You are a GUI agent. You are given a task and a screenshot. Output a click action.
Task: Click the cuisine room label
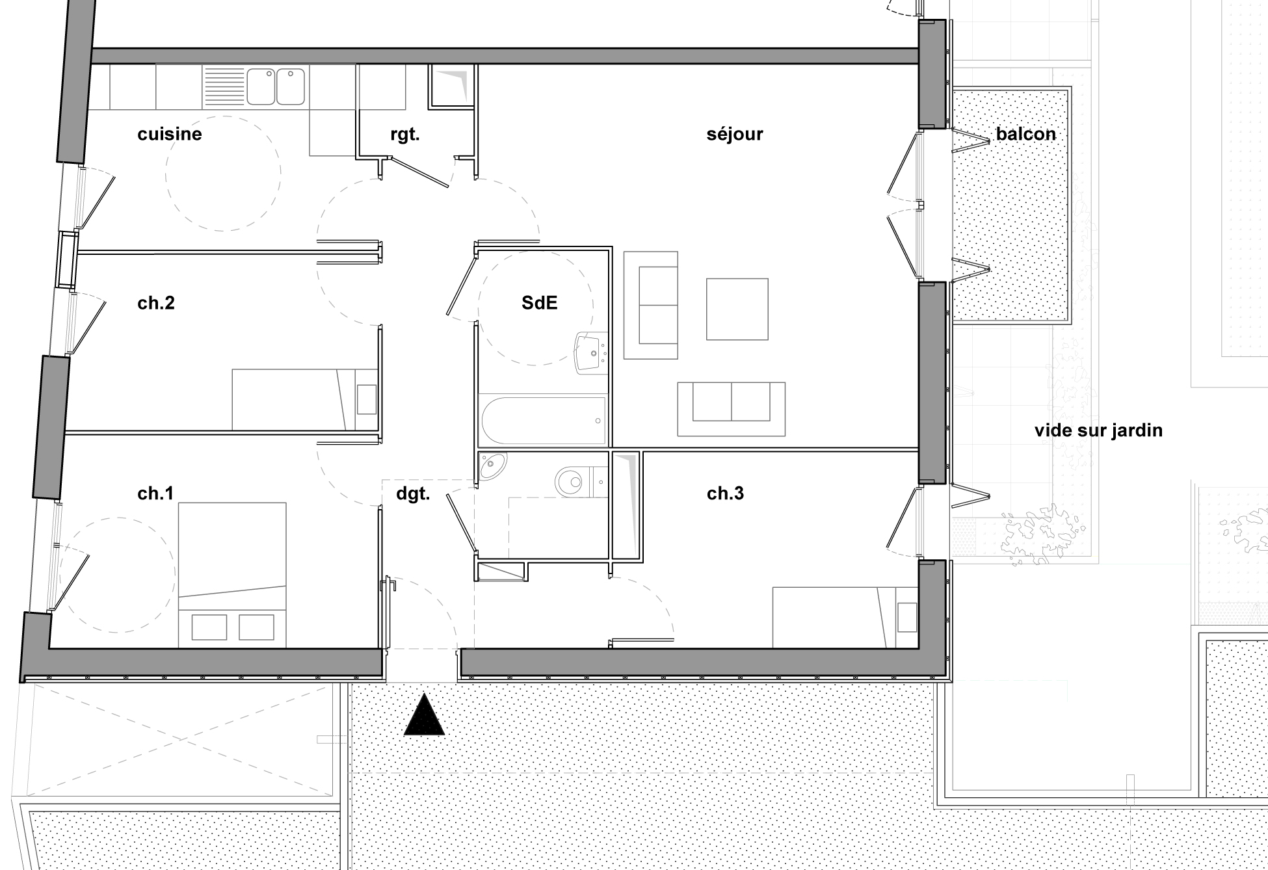tap(170, 134)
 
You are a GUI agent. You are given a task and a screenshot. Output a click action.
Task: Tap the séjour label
tap(734, 134)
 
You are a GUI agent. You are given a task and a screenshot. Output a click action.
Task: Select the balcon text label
tap(1025, 134)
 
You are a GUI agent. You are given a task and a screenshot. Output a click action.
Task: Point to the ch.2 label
tap(156, 303)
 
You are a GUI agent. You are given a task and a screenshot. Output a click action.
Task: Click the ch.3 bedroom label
tap(725, 494)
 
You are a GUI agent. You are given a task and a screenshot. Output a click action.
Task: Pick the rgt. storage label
tap(404, 135)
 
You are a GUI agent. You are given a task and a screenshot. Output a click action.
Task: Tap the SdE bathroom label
tap(539, 303)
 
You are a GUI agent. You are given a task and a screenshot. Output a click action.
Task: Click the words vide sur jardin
tap(1098, 430)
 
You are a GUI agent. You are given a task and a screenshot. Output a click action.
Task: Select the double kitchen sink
tap(276, 86)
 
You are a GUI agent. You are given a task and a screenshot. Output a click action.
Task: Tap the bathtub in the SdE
tap(543, 421)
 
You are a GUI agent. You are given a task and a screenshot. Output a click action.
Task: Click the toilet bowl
tap(572, 482)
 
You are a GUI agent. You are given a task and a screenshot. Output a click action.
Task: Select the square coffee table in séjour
tap(737, 309)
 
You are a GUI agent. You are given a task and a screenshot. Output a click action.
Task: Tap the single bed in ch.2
tap(302, 399)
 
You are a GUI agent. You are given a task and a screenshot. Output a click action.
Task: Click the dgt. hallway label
tap(413, 494)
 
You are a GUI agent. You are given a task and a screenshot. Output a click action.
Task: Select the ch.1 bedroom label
tap(155, 494)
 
